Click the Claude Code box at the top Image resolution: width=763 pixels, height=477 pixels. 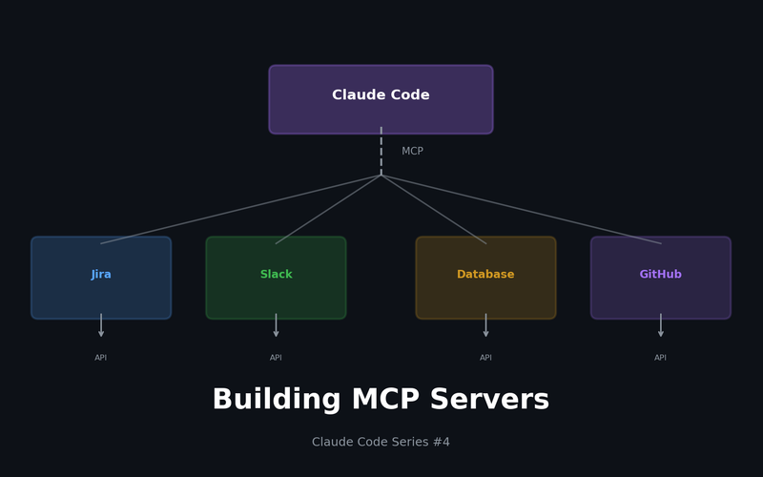pos(381,99)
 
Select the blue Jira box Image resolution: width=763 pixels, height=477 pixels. pos(101,278)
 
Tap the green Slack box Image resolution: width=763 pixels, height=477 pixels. pos(276,278)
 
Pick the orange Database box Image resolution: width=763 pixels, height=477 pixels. pos(485,278)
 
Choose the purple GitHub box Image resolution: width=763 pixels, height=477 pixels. pos(660,278)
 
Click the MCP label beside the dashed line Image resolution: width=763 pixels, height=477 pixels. pos(412,152)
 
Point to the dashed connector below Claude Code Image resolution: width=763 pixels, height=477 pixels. pos(381,151)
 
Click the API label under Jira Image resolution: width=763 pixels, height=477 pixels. pos(101,358)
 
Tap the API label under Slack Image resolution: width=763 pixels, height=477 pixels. pos(276,358)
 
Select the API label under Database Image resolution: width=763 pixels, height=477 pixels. pos(485,358)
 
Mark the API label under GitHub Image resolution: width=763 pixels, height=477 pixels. pos(660,358)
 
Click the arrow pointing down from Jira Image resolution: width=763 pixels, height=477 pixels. pos(101,326)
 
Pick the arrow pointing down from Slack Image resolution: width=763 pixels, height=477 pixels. pos(276,326)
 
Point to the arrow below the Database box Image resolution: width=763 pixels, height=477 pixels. pos(485,326)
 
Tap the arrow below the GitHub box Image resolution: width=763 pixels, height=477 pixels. pos(660,326)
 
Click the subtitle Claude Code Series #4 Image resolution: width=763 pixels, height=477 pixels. pos(381,443)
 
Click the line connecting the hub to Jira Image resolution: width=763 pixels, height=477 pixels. pos(240,209)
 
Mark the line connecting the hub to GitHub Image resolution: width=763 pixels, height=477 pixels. pos(521,209)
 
